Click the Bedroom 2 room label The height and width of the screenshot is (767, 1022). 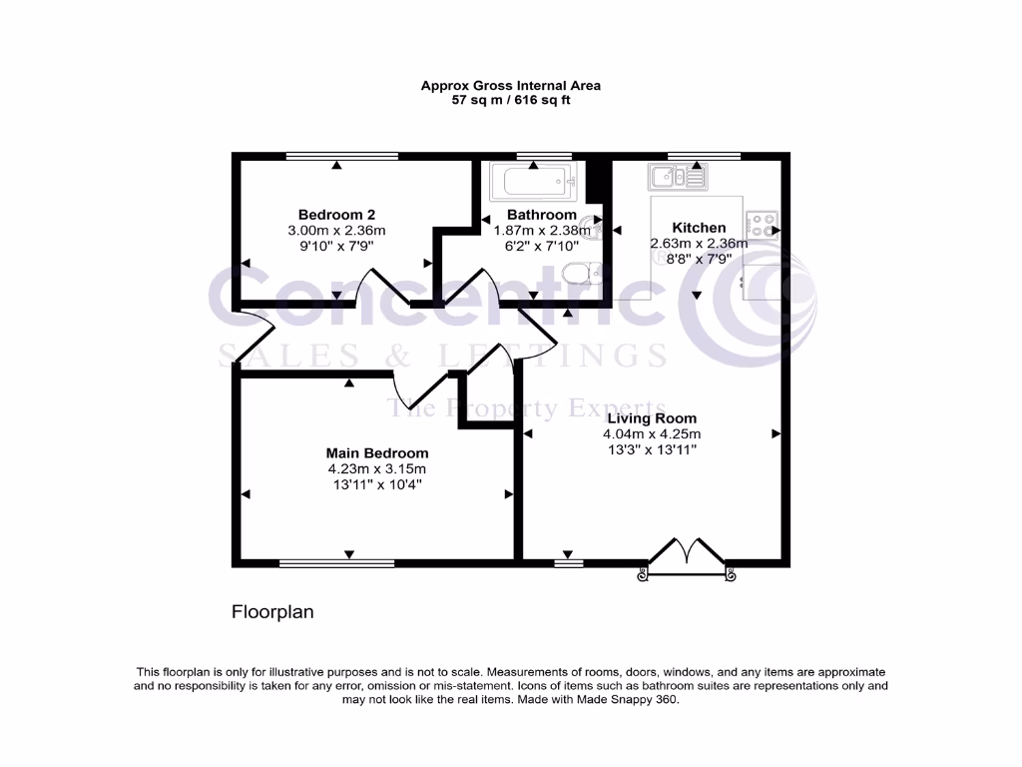pyautogui.click(x=336, y=215)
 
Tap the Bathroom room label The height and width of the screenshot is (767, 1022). pyautogui.click(x=541, y=215)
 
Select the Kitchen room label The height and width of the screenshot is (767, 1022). pyautogui.click(x=699, y=228)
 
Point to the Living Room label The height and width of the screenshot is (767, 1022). pyautogui.click(x=652, y=418)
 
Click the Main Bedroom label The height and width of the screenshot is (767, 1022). pyautogui.click(x=377, y=452)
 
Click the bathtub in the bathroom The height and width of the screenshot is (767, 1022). pyautogui.click(x=529, y=183)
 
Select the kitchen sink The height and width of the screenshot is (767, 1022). pyautogui.click(x=677, y=178)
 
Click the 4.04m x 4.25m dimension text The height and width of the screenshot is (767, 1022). pyautogui.click(x=652, y=434)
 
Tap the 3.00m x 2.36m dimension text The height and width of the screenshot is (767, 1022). pyautogui.click(x=336, y=231)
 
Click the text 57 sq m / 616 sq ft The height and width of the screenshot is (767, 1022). pyautogui.click(x=510, y=100)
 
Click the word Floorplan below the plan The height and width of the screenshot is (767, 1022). pyautogui.click(x=272, y=612)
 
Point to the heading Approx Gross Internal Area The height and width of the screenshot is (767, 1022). pyautogui.click(x=510, y=86)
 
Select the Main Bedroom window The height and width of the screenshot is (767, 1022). pyautogui.click(x=336, y=563)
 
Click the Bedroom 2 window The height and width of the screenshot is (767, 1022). pyautogui.click(x=341, y=156)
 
